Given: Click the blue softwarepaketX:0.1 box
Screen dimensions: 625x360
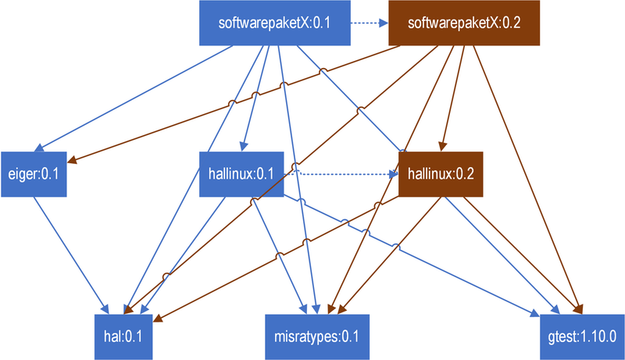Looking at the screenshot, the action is click(x=275, y=23).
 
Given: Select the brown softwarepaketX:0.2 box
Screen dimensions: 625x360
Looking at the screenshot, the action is click(x=464, y=23).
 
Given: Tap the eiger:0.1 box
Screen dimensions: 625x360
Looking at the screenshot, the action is click(x=34, y=174).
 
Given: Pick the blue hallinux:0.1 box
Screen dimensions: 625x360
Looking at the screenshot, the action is click(x=241, y=174).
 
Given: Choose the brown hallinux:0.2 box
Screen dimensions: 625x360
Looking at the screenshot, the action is click(x=441, y=174).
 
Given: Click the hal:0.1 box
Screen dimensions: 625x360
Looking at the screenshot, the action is click(x=123, y=337).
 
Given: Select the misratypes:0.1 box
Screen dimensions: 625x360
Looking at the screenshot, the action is click(x=317, y=337).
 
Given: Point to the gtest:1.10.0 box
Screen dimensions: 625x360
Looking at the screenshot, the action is click(x=582, y=337).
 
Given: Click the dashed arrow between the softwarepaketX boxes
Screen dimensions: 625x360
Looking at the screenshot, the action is click(x=370, y=23).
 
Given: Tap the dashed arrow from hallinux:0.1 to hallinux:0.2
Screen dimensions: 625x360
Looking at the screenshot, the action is click(x=341, y=174).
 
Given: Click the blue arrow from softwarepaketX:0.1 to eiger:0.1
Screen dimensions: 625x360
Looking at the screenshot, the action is click(x=134, y=98).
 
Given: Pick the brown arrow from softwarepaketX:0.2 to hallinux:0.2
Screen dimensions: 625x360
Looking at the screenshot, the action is click(x=452, y=98).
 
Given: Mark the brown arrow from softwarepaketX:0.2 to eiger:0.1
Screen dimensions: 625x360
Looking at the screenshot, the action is click(x=234, y=104).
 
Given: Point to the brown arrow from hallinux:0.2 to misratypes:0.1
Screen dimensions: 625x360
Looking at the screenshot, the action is click(x=389, y=255).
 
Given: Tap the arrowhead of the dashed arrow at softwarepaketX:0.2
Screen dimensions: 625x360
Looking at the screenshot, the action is click(x=384, y=23).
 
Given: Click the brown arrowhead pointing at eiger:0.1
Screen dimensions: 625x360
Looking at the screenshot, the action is click(x=72, y=160).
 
